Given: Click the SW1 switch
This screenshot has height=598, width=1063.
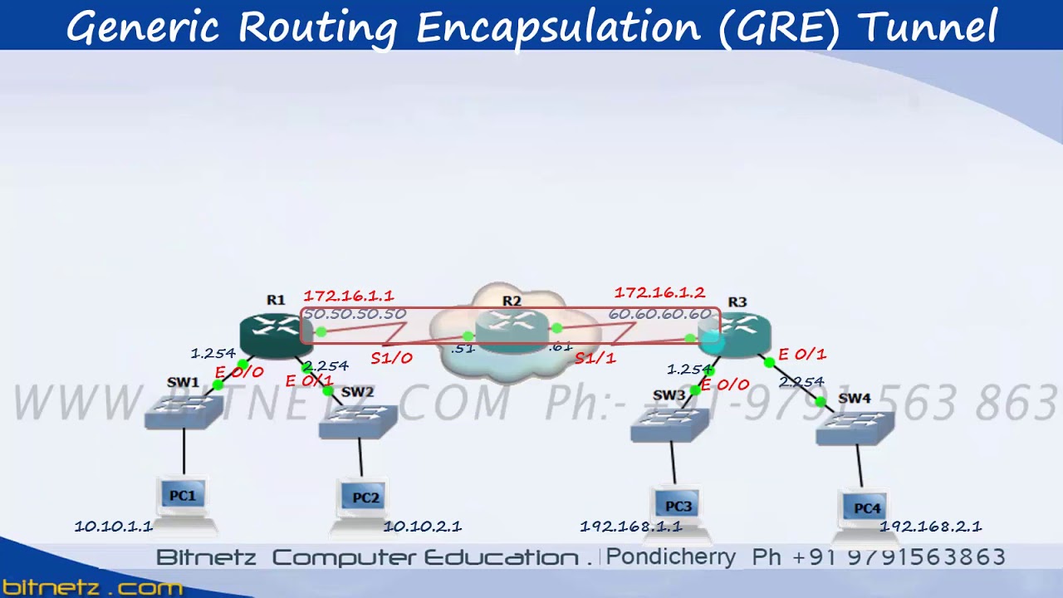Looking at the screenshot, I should tap(184, 410).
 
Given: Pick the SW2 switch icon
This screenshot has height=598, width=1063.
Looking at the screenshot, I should tap(358, 421).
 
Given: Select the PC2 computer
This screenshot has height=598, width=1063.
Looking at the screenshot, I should tap(364, 501).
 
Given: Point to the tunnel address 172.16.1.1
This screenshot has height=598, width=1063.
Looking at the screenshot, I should tap(349, 296).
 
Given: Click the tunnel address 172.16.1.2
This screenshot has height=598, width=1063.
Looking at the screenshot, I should tap(659, 293).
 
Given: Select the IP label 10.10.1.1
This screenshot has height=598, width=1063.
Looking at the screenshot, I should tap(114, 527).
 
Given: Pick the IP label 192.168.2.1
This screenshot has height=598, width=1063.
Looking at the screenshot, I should tap(931, 527).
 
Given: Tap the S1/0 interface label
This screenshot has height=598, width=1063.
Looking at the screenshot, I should tap(391, 359).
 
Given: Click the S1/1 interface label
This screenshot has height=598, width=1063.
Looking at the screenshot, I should tap(595, 359).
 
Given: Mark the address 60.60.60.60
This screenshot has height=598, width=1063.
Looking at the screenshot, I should tap(659, 314).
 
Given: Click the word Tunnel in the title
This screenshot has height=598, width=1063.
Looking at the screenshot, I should tap(927, 27).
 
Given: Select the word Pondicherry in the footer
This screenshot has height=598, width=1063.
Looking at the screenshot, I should tap(671, 557).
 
